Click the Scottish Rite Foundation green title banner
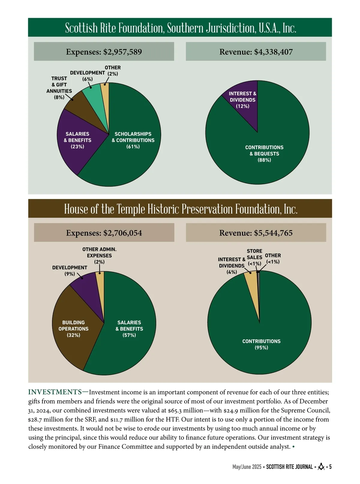pos(180,28)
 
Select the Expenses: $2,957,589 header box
pos(104,52)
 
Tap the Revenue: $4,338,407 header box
pos(256,52)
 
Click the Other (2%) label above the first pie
pos(112,71)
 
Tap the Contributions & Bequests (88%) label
pos(264,154)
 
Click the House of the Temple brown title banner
pos(180,209)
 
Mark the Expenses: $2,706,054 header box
pos(104,233)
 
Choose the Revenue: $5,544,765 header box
pos(256,233)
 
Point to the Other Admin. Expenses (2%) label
pos(99,255)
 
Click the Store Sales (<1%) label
pos(254,257)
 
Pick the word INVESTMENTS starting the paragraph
pos(55,392)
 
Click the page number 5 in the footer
pos(330,467)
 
